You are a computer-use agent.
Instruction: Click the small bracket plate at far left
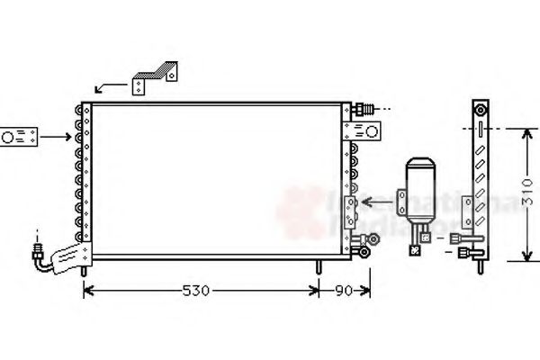18,138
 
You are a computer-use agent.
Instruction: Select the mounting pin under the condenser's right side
319,267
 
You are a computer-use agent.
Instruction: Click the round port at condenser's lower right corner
365,253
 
